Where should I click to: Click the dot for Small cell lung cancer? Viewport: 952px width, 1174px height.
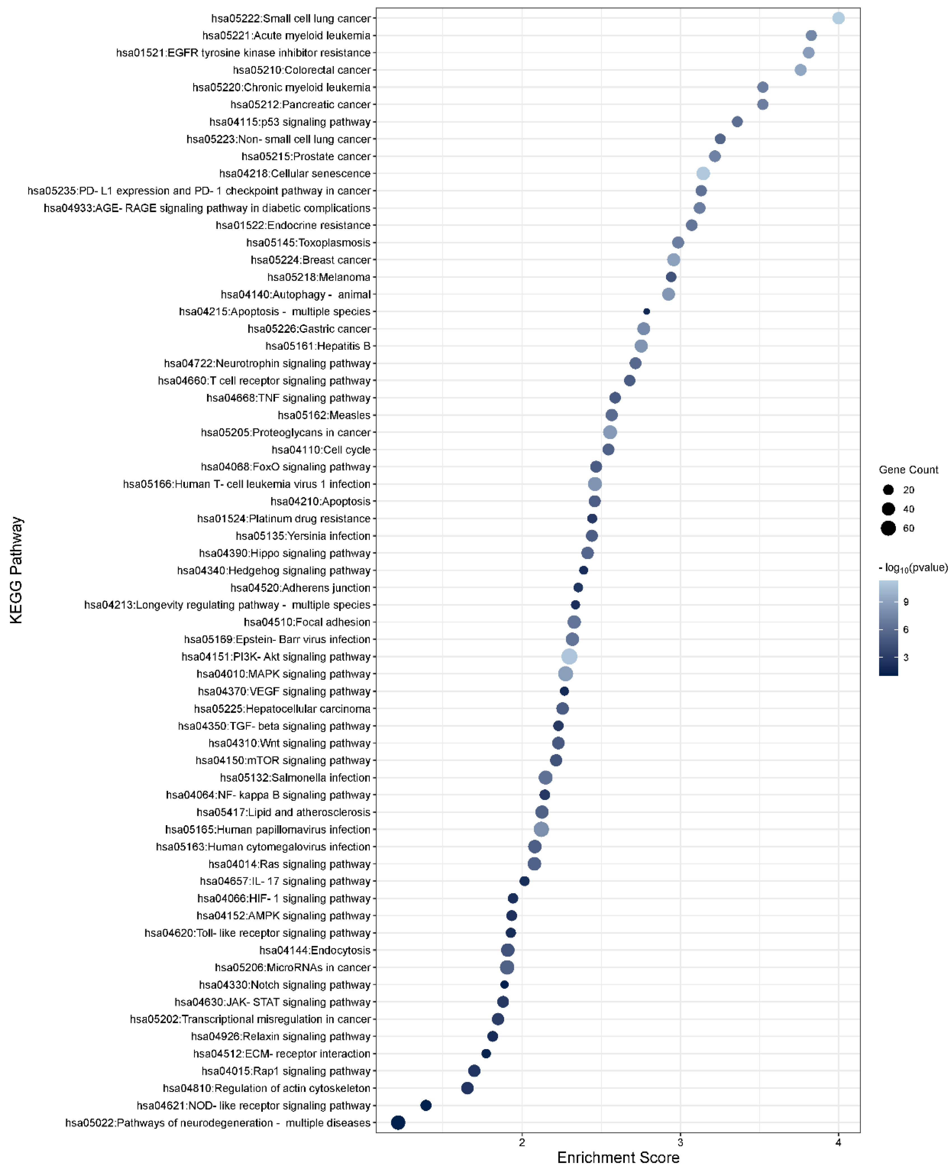click(x=838, y=18)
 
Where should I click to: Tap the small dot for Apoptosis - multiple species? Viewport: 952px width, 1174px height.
click(x=646, y=312)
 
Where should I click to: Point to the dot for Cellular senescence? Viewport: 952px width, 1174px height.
click(x=703, y=173)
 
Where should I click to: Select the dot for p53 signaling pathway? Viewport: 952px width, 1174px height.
click(x=737, y=122)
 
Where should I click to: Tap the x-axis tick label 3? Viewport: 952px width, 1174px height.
click(x=680, y=1142)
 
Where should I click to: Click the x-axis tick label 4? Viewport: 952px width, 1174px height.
click(x=838, y=1142)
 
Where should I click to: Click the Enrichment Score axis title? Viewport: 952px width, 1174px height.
click(x=618, y=1157)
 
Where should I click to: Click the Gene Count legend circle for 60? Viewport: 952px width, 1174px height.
click(x=888, y=528)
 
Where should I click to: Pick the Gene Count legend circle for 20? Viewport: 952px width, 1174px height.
click(x=888, y=490)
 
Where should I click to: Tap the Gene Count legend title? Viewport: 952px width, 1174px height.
click(x=908, y=470)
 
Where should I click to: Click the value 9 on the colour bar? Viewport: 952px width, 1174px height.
click(x=906, y=602)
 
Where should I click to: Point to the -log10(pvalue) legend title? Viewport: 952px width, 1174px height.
click(x=913, y=568)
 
